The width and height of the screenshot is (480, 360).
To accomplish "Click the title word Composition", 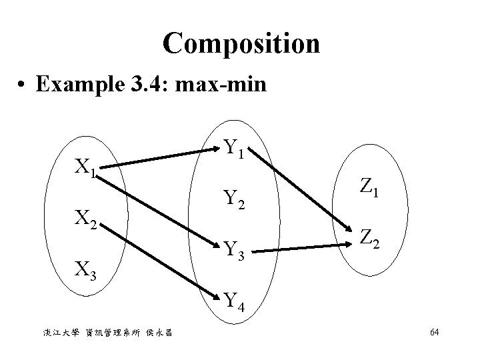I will pos(241,45).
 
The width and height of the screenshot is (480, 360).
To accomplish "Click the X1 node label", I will pos(86,169).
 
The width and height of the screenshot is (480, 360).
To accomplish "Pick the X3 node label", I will pos(86,270).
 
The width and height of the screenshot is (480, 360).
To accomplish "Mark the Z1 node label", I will pos(367,190).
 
